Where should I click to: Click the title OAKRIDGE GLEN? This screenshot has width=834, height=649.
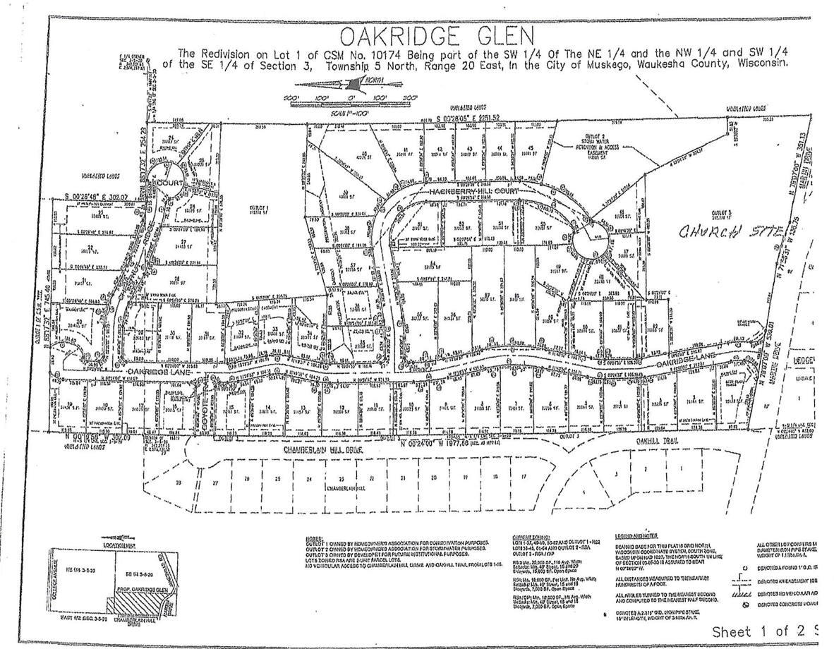[437, 36]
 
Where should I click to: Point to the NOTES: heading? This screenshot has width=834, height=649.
[315, 538]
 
